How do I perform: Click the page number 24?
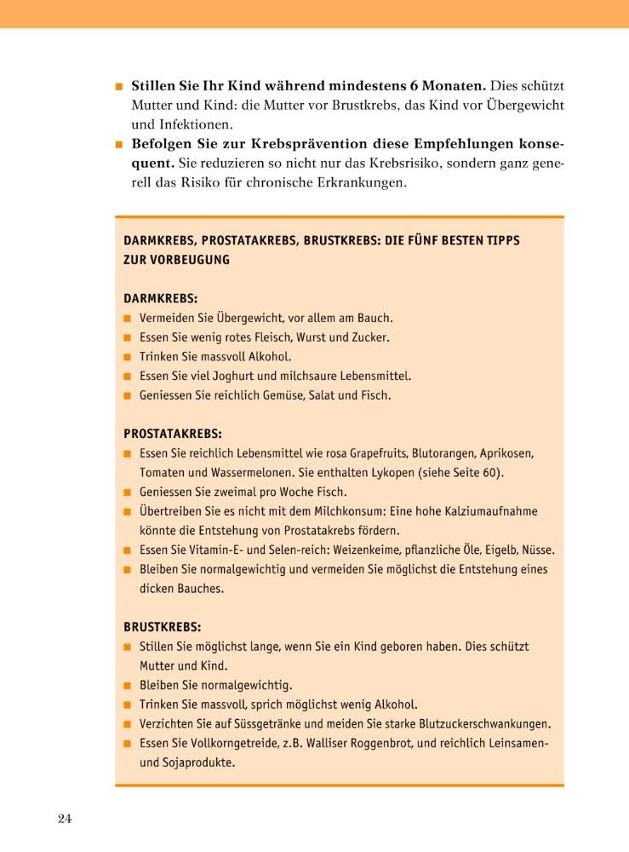click(65, 820)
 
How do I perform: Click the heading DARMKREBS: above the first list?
click(160, 299)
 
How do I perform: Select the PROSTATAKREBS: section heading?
click(172, 433)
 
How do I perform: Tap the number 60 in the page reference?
click(493, 472)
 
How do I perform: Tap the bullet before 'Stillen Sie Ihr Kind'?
click(120, 87)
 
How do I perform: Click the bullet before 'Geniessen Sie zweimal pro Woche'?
click(128, 492)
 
